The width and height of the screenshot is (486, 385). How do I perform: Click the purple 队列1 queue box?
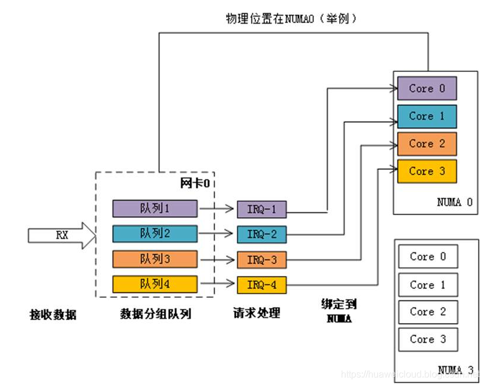coord(155,208)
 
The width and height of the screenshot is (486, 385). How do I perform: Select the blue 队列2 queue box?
coord(155,233)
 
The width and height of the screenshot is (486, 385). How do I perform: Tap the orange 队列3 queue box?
coord(155,259)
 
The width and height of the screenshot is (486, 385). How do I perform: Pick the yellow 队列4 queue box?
coord(155,284)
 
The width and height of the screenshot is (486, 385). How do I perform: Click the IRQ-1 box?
coord(261,209)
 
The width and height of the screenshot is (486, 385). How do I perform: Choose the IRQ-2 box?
coord(261,234)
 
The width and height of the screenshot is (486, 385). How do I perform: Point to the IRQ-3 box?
coord(261,260)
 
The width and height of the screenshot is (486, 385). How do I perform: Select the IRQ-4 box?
coord(261,285)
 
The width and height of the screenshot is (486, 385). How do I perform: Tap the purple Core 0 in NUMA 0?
coord(427,88)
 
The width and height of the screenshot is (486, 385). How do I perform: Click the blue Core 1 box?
coord(427,116)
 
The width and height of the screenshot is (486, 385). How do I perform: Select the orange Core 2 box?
coord(427,143)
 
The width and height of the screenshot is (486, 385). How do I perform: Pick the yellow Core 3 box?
coord(427,171)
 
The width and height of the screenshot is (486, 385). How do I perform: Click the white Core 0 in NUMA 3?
coord(428,256)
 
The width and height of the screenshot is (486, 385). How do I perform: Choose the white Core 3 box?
coord(428,339)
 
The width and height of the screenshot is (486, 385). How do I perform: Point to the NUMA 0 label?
coord(454,202)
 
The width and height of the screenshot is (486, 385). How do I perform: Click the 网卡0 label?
coord(195,183)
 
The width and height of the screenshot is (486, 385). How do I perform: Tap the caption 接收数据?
coord(53,314)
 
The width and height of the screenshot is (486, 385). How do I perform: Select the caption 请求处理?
coord(256,312)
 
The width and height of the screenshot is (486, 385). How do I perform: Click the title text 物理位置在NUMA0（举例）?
coord(291,19)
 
